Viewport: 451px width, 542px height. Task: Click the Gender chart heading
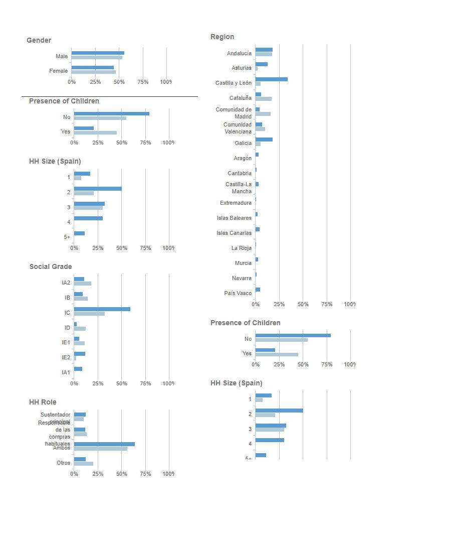tap(39, 40)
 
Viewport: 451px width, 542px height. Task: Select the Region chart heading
tap(222, 37)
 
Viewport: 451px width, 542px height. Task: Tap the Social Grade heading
tap(51, 266)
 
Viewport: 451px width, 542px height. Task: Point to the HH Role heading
tap(43, 402)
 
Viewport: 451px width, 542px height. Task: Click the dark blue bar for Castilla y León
tap(271, 79)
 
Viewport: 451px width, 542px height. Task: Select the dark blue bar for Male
tap(98, 53)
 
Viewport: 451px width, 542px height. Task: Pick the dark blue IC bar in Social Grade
tap(102, 309)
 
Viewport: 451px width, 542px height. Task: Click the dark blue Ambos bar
tap(104, 444)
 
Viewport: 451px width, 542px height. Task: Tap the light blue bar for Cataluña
tap(263, 99)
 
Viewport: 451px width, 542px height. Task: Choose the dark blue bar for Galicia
tap(264, 140)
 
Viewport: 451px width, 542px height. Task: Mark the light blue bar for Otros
tap(83, 464)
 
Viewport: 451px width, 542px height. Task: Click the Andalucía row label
tap(239, 53)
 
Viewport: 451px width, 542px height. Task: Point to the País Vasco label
tap(238, 293)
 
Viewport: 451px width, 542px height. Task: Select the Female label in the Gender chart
tap(58, 71)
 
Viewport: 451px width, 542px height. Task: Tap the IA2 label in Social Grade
tap(66, 283)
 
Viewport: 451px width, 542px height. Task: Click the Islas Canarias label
tap(234, 233)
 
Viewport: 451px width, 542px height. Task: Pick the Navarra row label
tap(242, 278)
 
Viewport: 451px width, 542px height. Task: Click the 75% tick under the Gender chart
tap(143, 82)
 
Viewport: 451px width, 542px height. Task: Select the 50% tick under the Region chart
tap(303, 304)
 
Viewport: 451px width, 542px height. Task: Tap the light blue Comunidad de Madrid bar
tap(263, 114)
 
